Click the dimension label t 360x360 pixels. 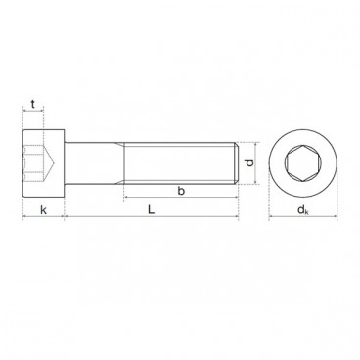[x=32, y=104]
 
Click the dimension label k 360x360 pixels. [x=43, y=210]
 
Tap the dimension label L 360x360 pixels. [x=151, y=209]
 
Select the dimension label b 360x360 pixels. [x=181, y=191]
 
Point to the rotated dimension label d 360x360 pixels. [x=249, y=163]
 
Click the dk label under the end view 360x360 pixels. [x=303, y=210]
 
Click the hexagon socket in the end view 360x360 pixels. [x=303, y=162]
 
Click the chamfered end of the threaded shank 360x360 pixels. [x=237, y=163]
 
